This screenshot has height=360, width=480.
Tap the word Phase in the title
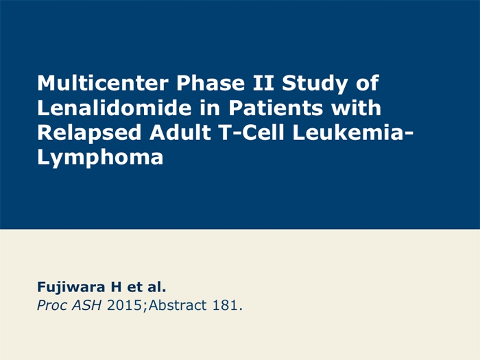point(211,83)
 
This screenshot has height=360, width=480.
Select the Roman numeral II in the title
point(263,83)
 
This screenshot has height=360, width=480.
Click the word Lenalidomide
point(115,108)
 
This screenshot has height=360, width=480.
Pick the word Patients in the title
point(276,108)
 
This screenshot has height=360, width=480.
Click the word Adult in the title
point(180,132)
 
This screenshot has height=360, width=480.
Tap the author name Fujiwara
point(71,287)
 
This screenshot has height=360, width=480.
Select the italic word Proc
point(51,306)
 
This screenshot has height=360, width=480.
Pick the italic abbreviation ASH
point(86,306)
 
